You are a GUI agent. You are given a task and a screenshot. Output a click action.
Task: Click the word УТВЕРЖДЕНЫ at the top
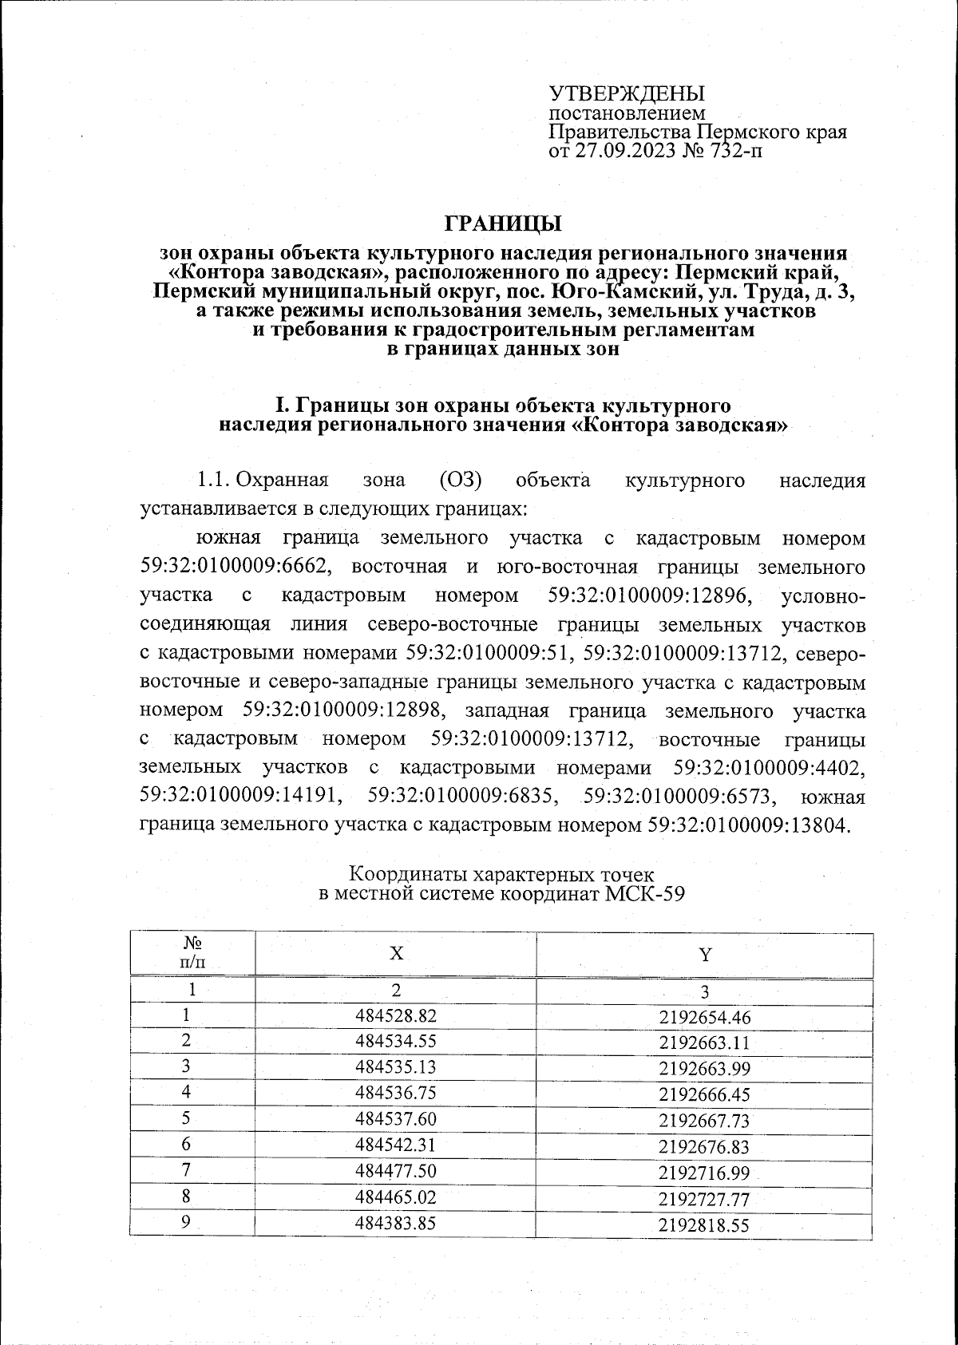627,94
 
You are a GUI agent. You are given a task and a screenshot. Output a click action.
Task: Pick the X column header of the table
395,955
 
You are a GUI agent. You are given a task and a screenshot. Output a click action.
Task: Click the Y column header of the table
704,955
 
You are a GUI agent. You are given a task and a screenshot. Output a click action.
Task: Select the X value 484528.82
395,1017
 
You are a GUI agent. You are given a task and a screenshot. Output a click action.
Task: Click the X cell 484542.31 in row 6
395,1145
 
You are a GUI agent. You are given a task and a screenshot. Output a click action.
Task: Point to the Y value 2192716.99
704,1172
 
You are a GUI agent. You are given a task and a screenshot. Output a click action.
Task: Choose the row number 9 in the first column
186,1221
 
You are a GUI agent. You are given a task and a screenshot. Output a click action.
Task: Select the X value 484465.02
395,1196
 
